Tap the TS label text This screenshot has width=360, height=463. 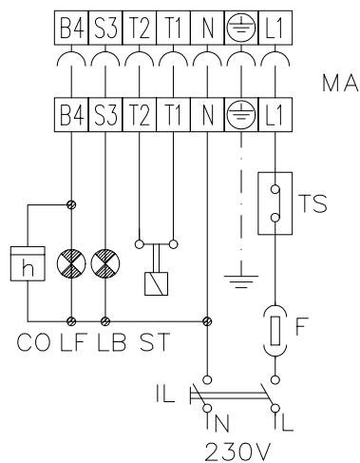[x=322, y=203]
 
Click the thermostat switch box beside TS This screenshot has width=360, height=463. [x=275, y=202]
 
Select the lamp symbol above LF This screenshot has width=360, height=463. [x=72, y=262]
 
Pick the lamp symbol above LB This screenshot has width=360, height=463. [x=104, y=262]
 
